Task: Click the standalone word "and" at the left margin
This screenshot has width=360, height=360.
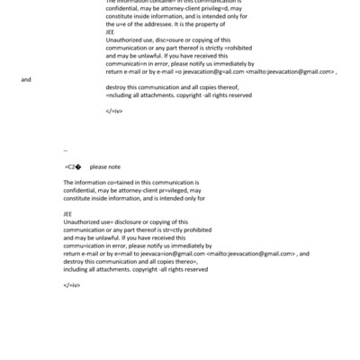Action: point(25,80)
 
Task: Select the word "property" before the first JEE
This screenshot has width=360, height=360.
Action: point(197,31)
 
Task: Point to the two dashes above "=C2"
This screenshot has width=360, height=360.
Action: point(67,151)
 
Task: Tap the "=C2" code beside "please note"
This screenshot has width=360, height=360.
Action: point(73,166)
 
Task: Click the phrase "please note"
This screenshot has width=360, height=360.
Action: point(105,166)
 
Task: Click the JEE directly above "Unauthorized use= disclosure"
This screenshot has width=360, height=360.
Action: point(67,213)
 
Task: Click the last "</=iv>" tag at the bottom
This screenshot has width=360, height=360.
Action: point(72,284)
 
